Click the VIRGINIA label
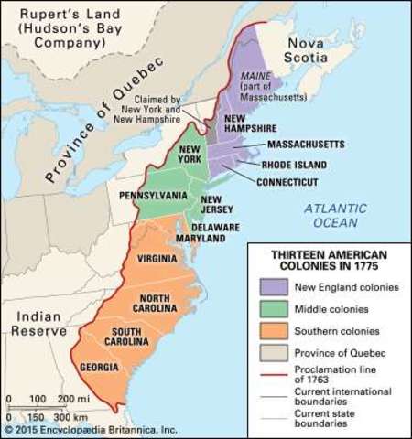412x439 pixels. coord(157,259)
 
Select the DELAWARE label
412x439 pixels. coord(215,226)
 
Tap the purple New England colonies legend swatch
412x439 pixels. coord(273,287)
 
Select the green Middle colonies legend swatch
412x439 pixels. coord(273,309)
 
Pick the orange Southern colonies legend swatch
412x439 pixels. coord(273,331)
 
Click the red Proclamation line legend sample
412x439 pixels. coord(273,373)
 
